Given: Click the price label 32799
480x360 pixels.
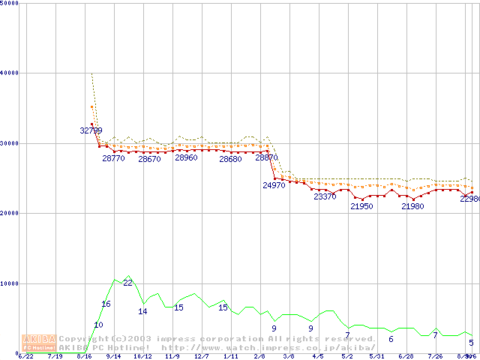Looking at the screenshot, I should tap(91, 130).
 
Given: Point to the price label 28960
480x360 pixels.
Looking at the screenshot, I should tap(186, 158).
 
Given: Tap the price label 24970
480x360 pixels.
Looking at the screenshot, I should tap(274, 185).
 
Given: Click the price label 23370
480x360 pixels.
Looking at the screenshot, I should tap(325, 196).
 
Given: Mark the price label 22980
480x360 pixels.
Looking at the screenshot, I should tap(470, 199).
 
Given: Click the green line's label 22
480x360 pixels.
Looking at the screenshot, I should tap(127, 283).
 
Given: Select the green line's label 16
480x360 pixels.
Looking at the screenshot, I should tap(106, 304).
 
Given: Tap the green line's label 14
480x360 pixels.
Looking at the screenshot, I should tap(142, 311).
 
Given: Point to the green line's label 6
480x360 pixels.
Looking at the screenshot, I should tap(391, 339).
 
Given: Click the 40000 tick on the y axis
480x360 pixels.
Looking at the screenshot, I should tap(10, 73).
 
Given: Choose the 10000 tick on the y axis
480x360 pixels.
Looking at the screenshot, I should tap(10, 283).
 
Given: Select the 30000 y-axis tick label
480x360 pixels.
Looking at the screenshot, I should tap(10, 143).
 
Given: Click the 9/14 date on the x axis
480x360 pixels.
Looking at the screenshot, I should tap(113, 357).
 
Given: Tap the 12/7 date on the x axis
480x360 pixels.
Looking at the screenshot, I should tap(201, 357).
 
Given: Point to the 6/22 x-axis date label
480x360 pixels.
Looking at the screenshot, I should tap(25, 357).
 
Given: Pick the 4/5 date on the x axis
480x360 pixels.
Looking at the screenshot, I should tap(318, 357).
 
